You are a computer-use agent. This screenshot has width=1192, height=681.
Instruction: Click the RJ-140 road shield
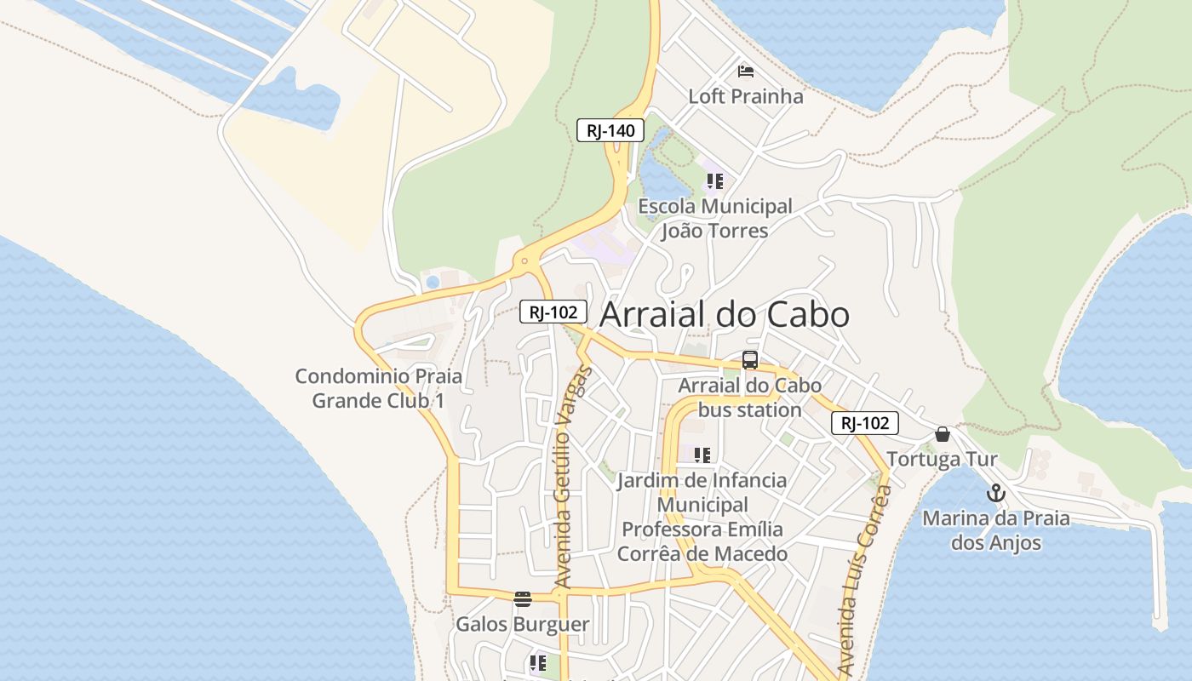(x=610, y=131)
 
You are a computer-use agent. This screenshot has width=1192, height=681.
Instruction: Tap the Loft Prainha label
(x=746, y=96)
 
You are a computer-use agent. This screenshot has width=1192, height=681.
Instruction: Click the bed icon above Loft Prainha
(x=746, y=71)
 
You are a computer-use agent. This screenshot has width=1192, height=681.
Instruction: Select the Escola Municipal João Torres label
(x=715, y=219)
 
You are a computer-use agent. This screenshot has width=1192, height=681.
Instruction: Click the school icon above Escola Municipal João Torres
(x=715, y=181)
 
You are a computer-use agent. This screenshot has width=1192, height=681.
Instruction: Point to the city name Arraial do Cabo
(x=725, y=315)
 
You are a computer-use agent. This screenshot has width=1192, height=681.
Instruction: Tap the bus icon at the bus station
(x=750, y=360)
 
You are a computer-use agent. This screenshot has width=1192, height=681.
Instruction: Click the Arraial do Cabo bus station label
(x=750, y=398)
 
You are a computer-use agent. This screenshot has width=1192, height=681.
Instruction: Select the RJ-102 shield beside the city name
(x=553, y=312)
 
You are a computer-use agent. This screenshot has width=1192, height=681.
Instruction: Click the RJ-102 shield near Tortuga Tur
(x=865, y=423)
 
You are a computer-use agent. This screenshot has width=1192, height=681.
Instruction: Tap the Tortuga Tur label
(x=942, y=460)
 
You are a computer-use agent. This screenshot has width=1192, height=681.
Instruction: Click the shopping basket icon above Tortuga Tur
(x=943, y=434)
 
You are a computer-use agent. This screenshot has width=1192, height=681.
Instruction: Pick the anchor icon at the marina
(x=996, y=493)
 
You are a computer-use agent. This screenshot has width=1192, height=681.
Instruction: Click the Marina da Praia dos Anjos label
(x=996, y=530)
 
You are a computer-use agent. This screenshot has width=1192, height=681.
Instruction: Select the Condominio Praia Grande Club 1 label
(x=379, y=388)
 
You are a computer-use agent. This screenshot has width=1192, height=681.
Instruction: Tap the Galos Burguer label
(x=523, y=624)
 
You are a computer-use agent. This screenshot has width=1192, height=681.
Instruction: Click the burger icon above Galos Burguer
(x=523, y=599)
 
